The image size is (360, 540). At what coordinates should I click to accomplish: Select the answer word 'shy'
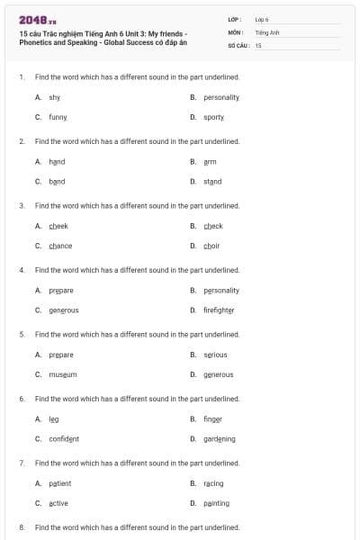tap(55, 96)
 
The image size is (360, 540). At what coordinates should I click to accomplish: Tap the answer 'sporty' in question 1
tap(213, 117)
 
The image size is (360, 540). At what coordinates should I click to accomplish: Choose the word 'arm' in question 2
tap(210, 161)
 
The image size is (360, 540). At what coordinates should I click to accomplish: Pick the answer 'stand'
tap(212, 182)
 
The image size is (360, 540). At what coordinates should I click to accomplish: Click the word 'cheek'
tap(58, 226)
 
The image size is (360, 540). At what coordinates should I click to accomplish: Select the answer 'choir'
tap(212, 246)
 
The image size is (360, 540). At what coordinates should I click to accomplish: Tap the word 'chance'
tap(60, 246)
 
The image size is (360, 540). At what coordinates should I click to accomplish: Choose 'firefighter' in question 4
tap(219, 310)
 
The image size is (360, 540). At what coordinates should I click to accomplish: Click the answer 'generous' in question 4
tap(64, 310)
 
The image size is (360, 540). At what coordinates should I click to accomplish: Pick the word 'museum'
tap(63, 374)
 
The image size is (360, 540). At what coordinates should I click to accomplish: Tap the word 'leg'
tap(54, 418)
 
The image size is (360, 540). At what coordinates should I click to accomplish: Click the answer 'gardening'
tap(220, 439)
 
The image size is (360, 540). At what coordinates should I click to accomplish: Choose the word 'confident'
tap(64, 439)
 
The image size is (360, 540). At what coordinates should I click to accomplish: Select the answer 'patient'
tap(60, 483)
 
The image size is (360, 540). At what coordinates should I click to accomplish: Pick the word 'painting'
tap(216, 503)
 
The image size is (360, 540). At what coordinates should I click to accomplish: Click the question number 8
tap(22, 526)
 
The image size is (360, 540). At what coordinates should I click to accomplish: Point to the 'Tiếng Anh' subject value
tap(267, 31)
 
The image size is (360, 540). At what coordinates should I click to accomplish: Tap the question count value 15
tap(258, 44)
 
